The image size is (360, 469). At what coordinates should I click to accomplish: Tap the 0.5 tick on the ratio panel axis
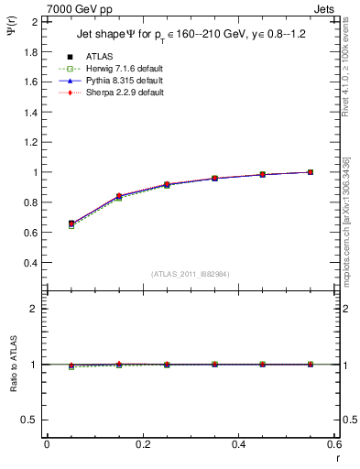tap(30, 420)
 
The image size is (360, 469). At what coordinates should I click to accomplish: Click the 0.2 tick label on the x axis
tap(143, 443)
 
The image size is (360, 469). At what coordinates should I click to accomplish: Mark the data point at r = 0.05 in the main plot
tap(71, 224)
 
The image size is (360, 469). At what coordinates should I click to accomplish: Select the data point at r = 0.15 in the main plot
tap(119, 196)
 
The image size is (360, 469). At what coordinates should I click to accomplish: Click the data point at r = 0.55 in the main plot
tap(311, 172)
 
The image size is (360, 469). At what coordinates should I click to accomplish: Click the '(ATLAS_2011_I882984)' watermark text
tap(191, 274)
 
